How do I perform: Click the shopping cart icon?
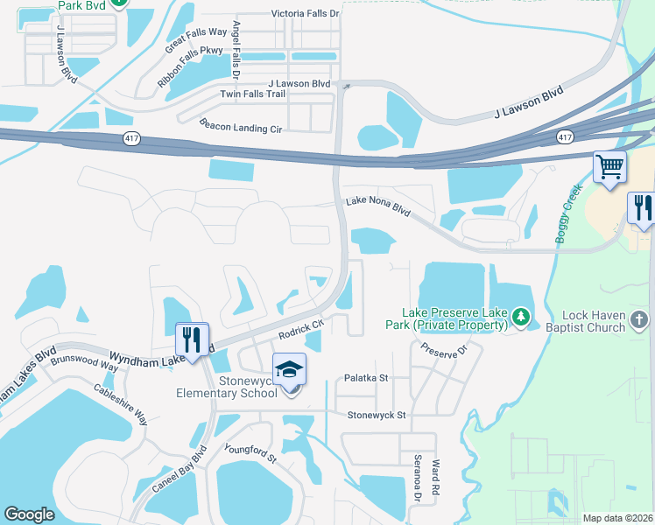pyautogui.click(x=609, y=165)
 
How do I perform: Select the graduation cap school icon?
pyautogui.click(x=289, y=370)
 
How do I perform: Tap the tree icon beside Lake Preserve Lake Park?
pyautogui.click(x=521, y=315)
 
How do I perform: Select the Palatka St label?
pyautogui.click(x=366, y=378)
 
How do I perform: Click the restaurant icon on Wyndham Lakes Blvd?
pyautogui.click(x=190, y=339)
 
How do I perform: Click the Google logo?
pyautogui.click(x=29, y=514)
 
